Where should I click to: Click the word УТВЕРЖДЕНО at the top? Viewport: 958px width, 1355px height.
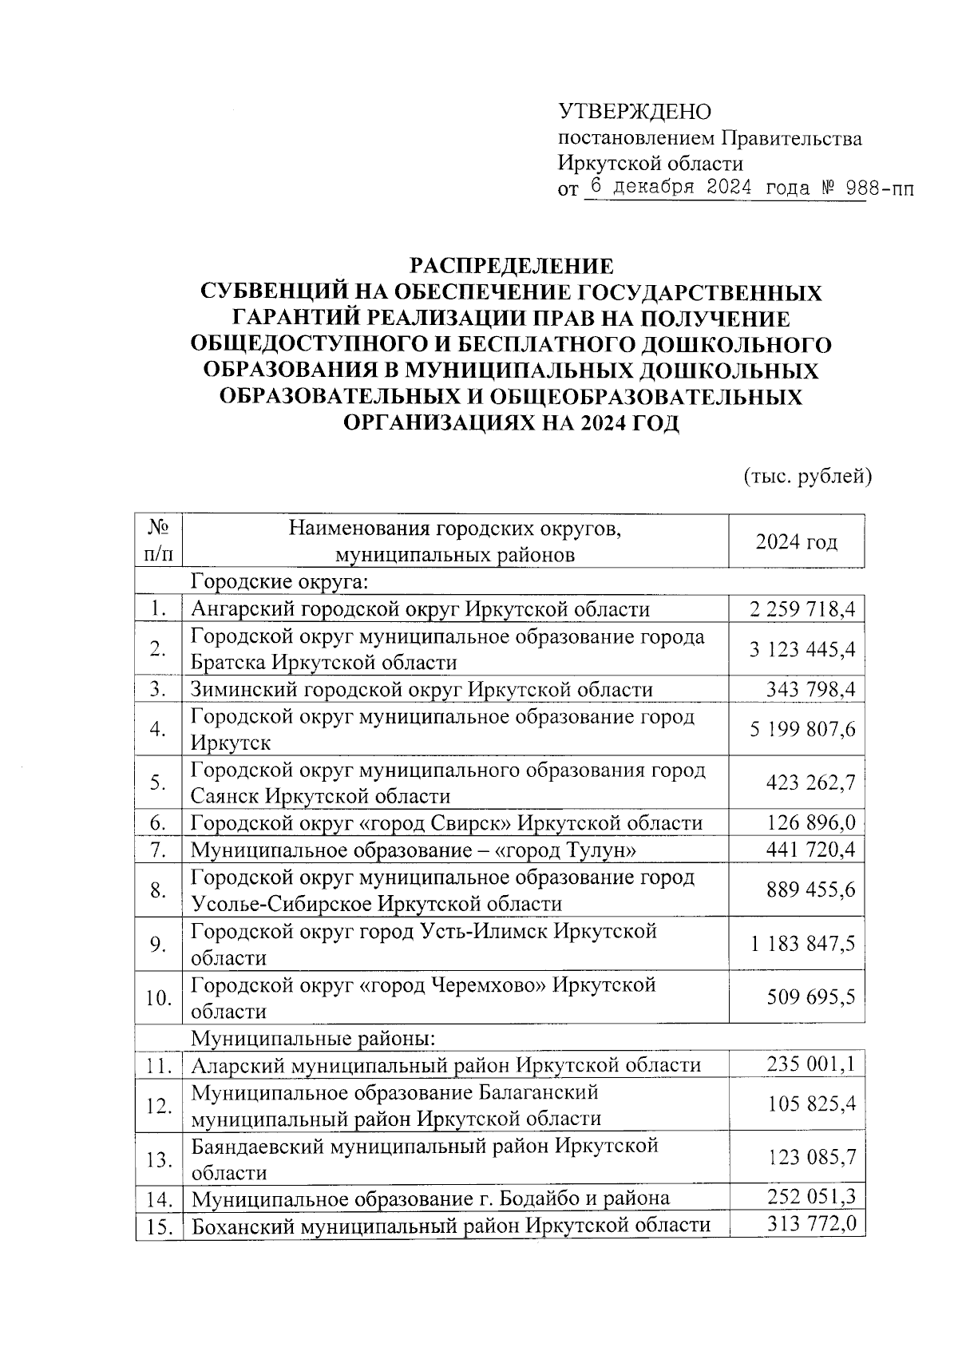tap(634, 112)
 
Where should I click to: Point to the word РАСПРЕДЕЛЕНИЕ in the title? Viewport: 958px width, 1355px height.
tap(513, 266)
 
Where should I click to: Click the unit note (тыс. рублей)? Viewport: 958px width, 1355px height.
tap(807, 477)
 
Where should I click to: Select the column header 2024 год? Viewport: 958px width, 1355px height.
tap(797, 542)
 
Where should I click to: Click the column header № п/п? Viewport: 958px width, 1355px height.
tap(158, 541)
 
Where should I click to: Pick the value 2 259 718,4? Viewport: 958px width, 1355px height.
tap(802, 610)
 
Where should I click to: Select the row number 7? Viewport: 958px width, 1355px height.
tap(157, 850)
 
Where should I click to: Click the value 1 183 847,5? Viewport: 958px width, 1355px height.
tap(802, 945)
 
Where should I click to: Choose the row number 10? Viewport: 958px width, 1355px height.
tap(158, 998)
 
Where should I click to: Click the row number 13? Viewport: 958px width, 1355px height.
tap(158, 1159)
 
